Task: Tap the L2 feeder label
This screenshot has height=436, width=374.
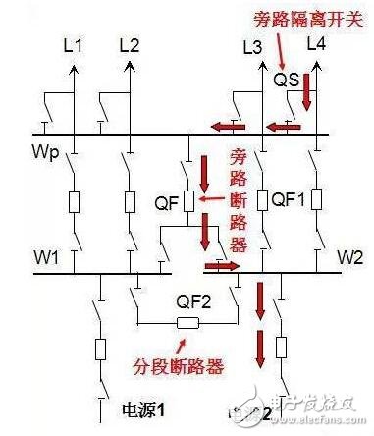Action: [130, 45]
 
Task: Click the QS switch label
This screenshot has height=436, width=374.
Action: [285, 79]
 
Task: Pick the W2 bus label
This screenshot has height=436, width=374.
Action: [349, 258]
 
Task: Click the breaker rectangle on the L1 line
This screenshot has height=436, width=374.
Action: [74, 202]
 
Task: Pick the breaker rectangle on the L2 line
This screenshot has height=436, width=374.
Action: [130, 202]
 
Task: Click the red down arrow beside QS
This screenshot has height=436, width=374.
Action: [306, 92]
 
